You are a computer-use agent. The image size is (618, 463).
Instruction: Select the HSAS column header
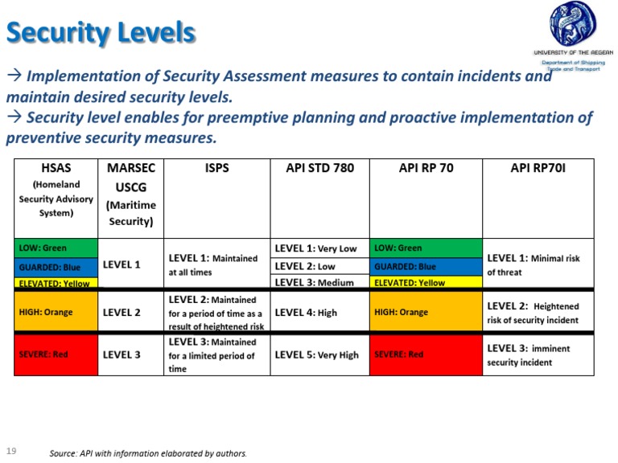[56, 190]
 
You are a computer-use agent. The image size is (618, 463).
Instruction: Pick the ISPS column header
[216, 168]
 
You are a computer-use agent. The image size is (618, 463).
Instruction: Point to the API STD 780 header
[319, 168]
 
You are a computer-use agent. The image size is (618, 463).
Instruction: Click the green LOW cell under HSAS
[56, 248]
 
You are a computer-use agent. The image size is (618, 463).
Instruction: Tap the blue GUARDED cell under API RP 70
[425, 266]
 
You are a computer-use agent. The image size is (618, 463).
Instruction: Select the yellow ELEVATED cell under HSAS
[56, 283]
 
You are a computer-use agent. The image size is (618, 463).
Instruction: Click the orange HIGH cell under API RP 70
[425, 312]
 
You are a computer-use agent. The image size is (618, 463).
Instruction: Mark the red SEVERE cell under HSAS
[56, 354]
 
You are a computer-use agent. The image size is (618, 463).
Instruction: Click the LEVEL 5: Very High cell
[319, 354]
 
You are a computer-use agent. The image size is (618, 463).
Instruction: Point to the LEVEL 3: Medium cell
[319, 282]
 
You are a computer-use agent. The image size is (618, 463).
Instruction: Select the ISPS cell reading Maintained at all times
[216, 264]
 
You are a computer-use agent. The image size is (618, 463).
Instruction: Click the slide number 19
[11, 449]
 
